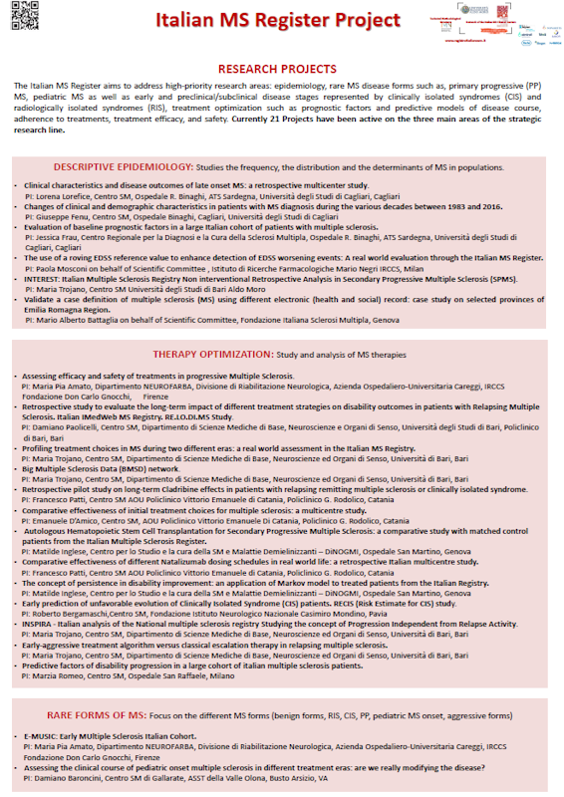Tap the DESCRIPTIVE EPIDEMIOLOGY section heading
point(124,165)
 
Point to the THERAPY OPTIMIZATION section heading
point(210,354)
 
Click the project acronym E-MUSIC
point(41,735)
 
